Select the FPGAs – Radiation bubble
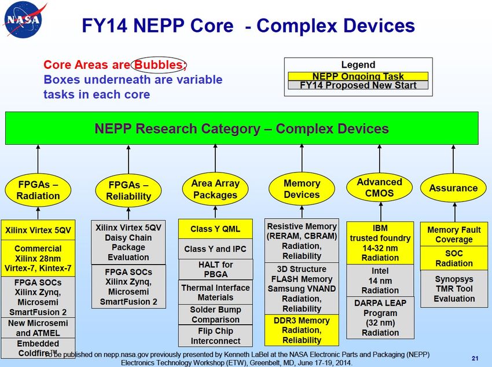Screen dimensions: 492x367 pos(38,190)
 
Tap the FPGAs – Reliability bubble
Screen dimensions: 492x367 pos(128,190)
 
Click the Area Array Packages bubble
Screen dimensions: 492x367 pos(215,189)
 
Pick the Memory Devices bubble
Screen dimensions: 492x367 pos(302,189)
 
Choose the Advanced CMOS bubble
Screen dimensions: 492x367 pos(379,188)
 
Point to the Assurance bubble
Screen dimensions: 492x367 pos(453,188)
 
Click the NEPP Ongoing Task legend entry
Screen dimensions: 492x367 pos(358,76)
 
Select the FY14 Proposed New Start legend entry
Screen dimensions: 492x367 pos(358,85)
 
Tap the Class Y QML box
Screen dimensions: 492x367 pos(215,229)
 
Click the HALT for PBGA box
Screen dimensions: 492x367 pos(215,269)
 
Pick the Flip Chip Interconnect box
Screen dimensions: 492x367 pos(215,336)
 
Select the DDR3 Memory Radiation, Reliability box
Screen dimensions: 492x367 pos(302,330)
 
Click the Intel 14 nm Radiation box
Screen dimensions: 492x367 pos(380,280)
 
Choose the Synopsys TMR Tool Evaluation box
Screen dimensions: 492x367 pos(454,289)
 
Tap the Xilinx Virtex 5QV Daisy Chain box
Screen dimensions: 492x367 pos(128,242)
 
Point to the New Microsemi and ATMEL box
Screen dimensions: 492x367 pos(38,328)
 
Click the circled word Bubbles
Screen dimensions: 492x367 pos(159,65)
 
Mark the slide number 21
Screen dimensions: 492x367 pos(475,358)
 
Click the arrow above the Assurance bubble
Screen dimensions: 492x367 pos(453,159)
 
